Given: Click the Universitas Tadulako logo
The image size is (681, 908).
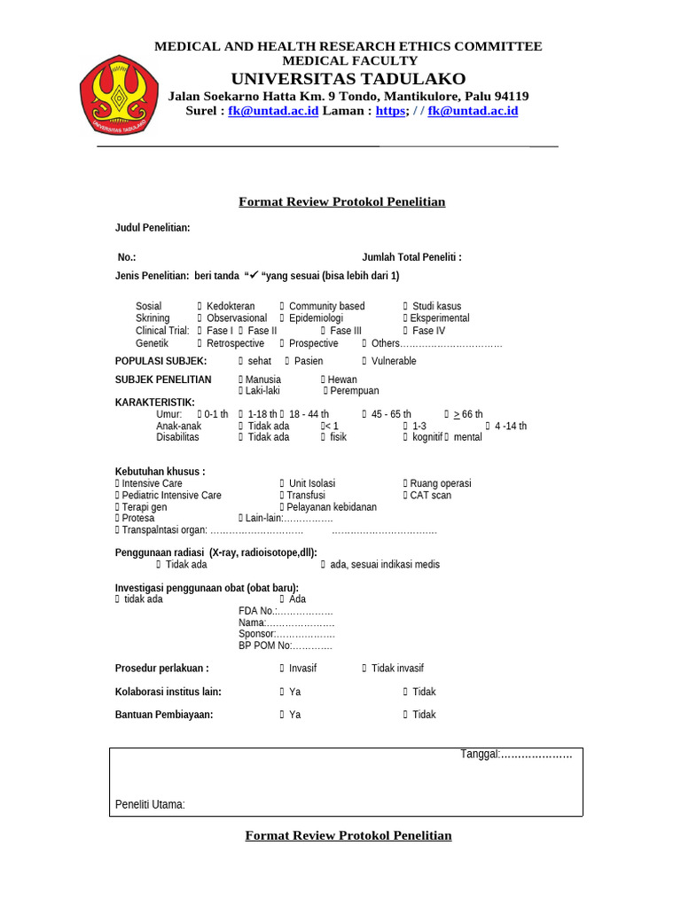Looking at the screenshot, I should pos(119,95).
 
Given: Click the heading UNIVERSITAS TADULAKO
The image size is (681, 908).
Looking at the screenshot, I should pos(348,79).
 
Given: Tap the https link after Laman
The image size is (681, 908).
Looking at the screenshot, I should pos(390,111).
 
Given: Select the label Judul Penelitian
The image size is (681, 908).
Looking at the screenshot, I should pos(153,229).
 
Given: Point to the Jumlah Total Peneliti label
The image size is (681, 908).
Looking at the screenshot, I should pos(411,257).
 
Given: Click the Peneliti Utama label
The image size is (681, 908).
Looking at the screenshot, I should pos(150,805).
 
